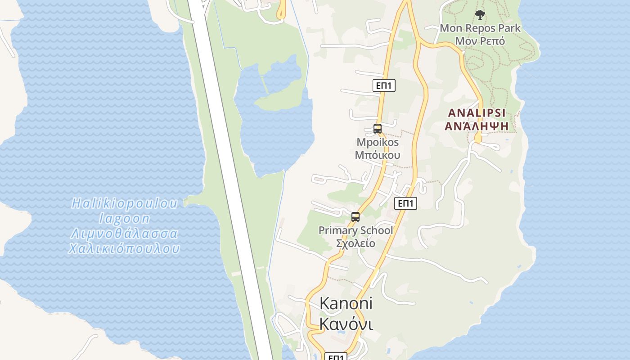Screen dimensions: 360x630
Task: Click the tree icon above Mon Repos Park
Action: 480,15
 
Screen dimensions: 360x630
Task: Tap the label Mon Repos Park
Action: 480,28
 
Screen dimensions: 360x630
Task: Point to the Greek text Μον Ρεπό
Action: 480,41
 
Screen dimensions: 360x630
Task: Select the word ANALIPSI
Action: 477,112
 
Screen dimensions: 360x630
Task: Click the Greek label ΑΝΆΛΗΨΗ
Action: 477,126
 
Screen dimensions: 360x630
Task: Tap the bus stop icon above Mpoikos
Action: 378,129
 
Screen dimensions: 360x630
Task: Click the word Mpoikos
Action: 378,142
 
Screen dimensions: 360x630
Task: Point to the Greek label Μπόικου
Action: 378,155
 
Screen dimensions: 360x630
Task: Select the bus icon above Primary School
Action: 355,217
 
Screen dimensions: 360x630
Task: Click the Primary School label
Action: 355,230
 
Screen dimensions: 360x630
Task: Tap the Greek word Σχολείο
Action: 355,243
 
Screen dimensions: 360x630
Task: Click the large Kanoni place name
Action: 346,303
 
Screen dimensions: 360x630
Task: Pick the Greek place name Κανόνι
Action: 346,324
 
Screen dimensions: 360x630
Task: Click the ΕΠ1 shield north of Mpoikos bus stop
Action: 384,85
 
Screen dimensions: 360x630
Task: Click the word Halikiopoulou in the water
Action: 125,203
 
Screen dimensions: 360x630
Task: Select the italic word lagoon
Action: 125,219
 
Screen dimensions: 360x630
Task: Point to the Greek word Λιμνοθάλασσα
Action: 125,234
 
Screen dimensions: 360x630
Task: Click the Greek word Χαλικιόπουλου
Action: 125,249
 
